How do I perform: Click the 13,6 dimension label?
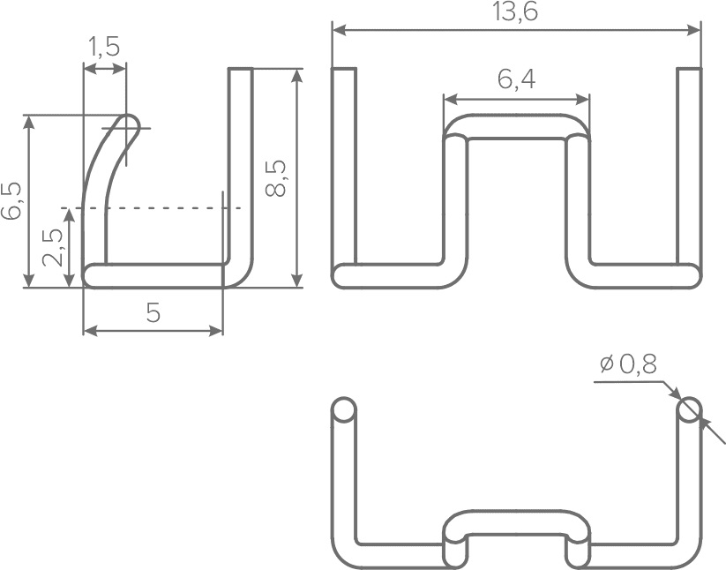[x=515, y=11]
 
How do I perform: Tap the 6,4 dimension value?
[x=517, y=79]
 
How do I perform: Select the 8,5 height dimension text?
[x=276, y=178]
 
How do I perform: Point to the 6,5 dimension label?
[x=11, y=200]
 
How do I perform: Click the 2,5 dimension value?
[x=52, y=247]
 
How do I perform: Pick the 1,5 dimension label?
[x=104, y=47]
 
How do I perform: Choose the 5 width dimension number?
[x=153, y=313]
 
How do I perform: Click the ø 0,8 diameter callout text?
[x=628, y=364]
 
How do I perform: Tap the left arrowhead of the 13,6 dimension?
[x=340, y=30]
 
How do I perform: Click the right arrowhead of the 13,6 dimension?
[x=693, y=30]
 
